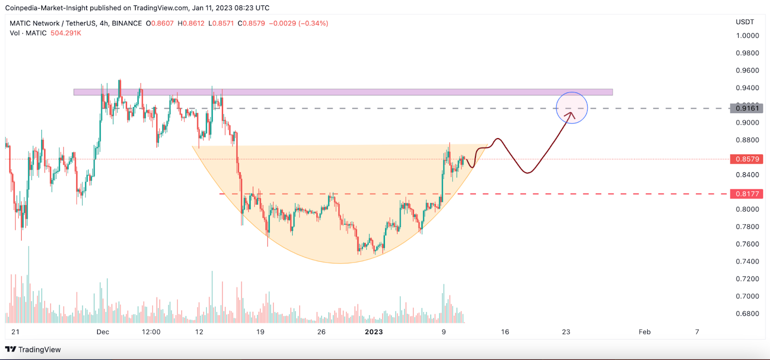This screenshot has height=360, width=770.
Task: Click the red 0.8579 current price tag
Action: (x=747, y=159)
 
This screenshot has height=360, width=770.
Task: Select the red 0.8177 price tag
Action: (x=747, y=194)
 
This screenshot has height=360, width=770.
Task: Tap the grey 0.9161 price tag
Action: (x=747, y=108)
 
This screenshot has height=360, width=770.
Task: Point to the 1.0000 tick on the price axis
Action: (x=747, y=36)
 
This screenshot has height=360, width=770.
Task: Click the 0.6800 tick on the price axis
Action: (x=747, y=314)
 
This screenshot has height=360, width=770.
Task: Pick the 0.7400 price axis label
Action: (x=747, y=261)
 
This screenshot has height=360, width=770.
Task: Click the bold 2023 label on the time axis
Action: (x=374, y=332)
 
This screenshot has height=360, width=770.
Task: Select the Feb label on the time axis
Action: (x=644, y=332)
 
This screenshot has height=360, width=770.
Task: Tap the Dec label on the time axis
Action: (x=103, y=332)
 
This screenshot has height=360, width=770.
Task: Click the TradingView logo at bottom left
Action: (x=33, y=349)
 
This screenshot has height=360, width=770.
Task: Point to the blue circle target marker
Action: (x=572, y=108)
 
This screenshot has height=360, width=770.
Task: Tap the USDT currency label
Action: (x=745, y=22)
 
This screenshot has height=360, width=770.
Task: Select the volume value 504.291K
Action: (x=66, y=33)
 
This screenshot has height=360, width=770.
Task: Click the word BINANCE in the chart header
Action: (x=127, y=23)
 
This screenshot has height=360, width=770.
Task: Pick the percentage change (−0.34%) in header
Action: (x=313, y=23)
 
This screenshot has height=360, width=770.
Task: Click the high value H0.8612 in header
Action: (x=191, y=23)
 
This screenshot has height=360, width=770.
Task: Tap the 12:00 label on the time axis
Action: (x=151, y=332)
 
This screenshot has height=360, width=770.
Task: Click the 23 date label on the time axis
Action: (x=566, y=332)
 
